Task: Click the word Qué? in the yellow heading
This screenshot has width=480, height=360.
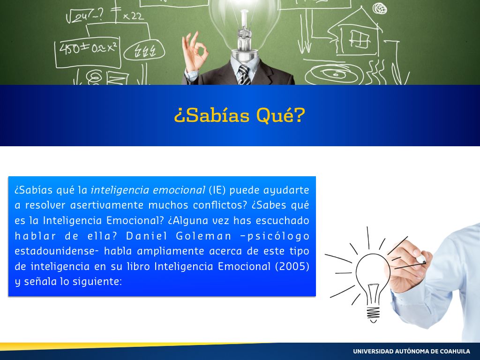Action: (x=281, y=115)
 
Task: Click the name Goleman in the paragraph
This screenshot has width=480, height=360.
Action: (x=203, y=236)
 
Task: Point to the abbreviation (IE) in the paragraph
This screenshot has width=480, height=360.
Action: (x=217, y=190)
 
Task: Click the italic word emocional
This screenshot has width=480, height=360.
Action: (x=179, y=190)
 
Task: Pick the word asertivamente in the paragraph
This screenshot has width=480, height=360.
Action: (x=107, y=205)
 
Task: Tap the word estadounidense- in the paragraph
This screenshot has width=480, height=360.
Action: (x=57, y=251)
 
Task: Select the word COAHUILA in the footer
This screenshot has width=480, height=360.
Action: (x=455, y=352)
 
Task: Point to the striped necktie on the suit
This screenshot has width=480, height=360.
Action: (x=244, y=75)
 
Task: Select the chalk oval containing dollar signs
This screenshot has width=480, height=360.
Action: (x=144, y=51)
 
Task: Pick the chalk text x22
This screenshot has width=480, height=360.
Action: (x=133, y=16)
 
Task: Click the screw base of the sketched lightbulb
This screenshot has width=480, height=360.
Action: (x=373, y=314)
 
